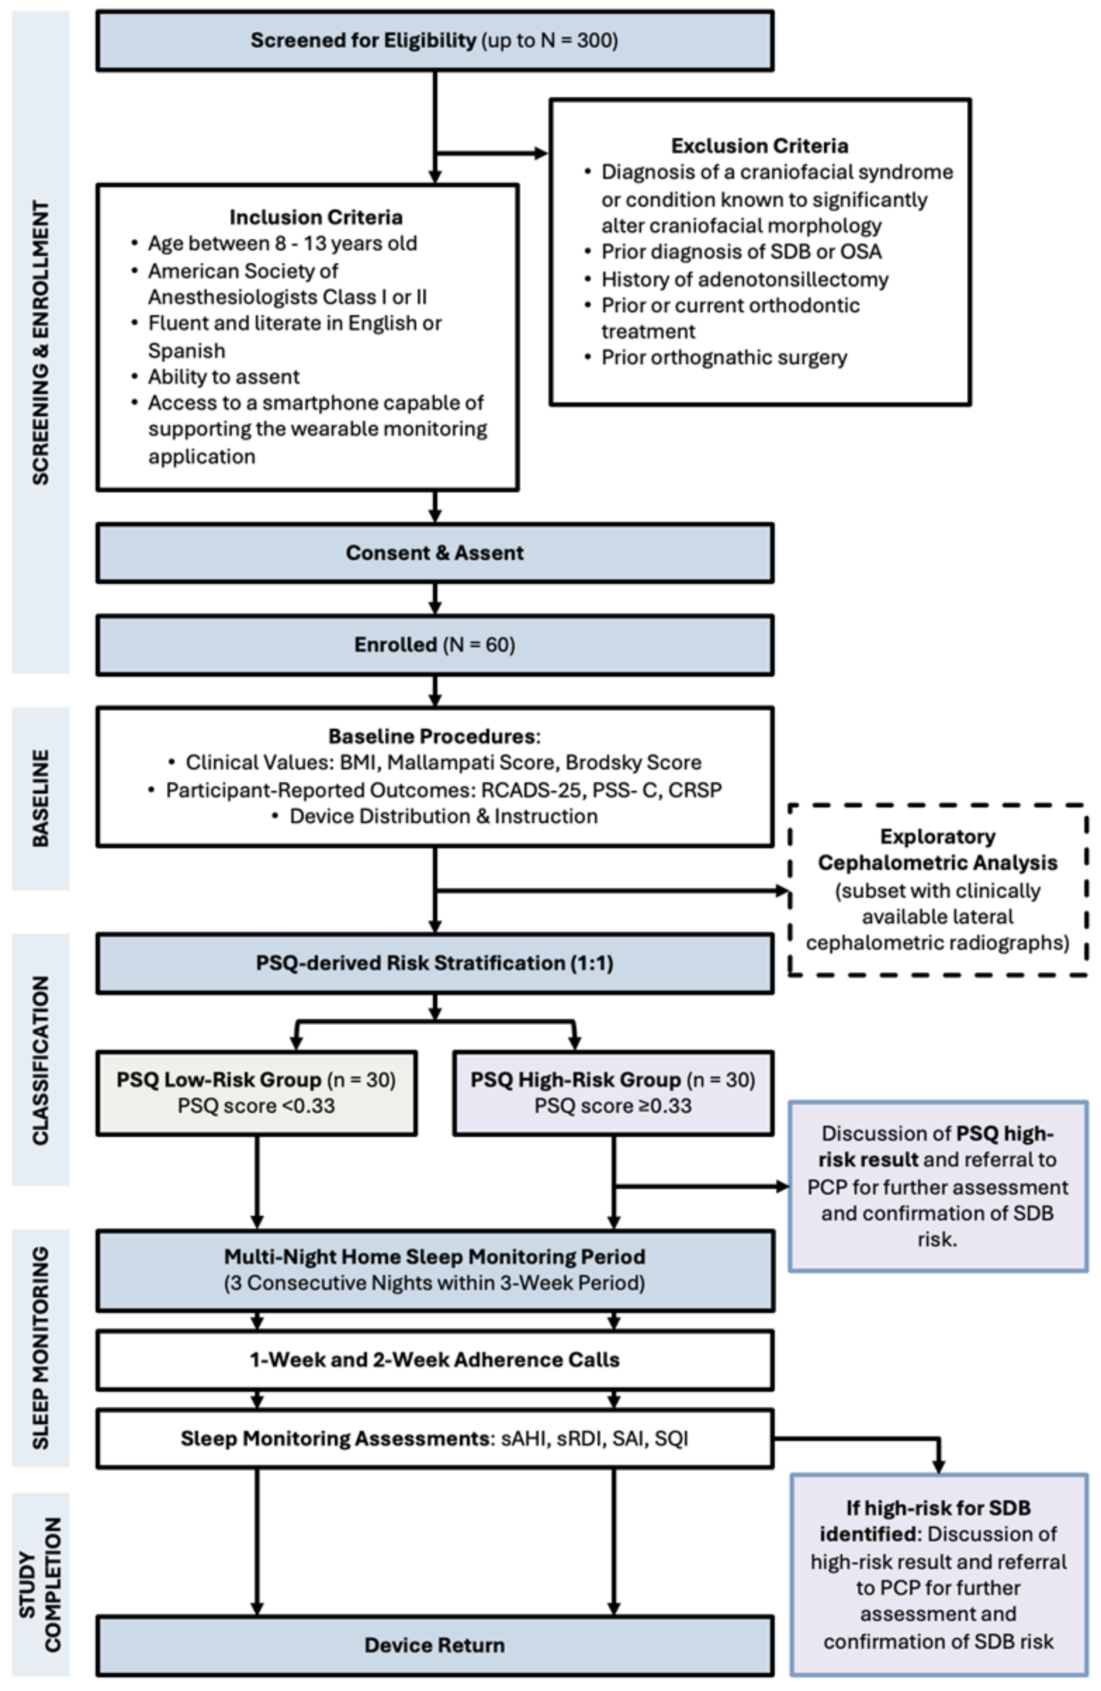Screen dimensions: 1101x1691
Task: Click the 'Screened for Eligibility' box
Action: point(435,41)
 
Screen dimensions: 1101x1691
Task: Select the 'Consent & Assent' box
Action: point(435,553)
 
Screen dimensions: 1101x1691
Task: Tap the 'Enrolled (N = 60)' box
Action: point(435,644)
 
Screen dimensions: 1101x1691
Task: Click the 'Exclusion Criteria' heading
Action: point(759,146)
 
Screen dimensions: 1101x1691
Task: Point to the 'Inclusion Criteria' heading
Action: point(315,217)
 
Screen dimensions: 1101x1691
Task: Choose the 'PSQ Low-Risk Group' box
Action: point(256,1093)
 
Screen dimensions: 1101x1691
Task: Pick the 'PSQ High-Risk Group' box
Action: point(613,1093)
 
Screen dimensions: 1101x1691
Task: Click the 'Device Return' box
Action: point(435,1645)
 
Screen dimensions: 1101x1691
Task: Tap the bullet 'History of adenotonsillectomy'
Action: point(744,279)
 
